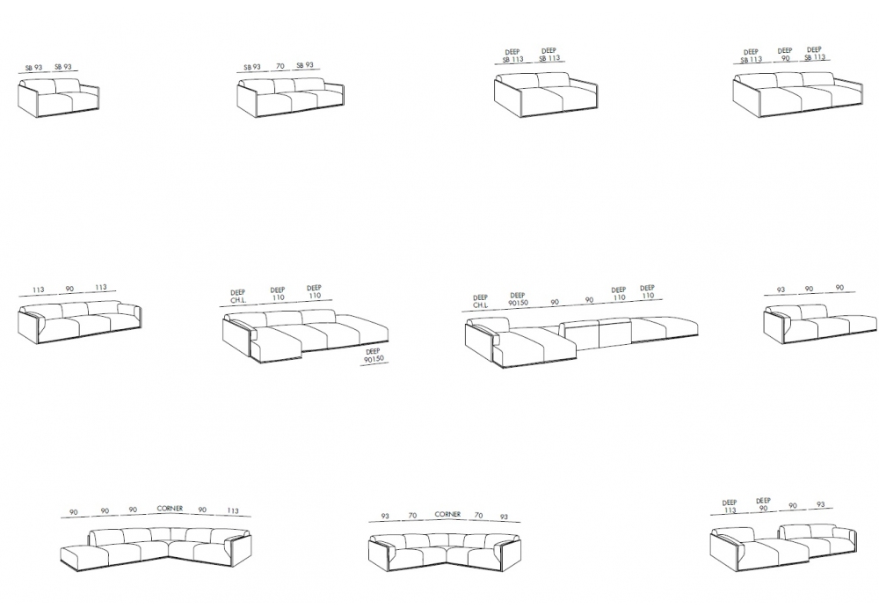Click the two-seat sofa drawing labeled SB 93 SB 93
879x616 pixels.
click(59, 99)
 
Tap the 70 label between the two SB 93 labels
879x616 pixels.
click(280, 66)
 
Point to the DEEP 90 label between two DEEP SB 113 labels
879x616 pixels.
click(785, 55)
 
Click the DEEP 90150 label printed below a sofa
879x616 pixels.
click(374, 356)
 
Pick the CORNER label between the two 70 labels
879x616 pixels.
click(447, 515)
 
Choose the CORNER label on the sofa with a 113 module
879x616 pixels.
click(170, 509)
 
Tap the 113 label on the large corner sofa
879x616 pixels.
click(233, 510)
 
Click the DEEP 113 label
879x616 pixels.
click(730, 507)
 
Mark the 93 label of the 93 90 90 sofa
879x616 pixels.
click(781, 290)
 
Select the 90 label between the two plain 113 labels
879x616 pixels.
click(69, 289)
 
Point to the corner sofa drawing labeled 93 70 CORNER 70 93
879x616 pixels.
click(445, 552)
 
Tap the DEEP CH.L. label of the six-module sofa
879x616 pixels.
click(481, 302)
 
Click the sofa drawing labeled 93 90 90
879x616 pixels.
click(820, 323)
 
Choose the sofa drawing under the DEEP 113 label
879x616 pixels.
click(783, 547)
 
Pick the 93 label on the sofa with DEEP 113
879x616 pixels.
click(821, 505)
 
